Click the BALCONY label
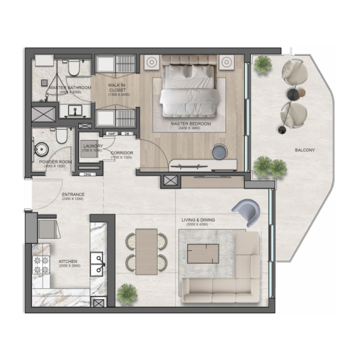(305, 150)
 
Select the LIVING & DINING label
(198, 220)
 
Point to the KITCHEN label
(67, 261)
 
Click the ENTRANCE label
(72, 195)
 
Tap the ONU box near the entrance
(87, 174)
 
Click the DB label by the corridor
(127, 133)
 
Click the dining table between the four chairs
(146, 251)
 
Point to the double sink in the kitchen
(98, 264)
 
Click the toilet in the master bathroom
(74, 67)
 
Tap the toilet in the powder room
(62, 135)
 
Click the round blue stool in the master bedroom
(219, 151)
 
